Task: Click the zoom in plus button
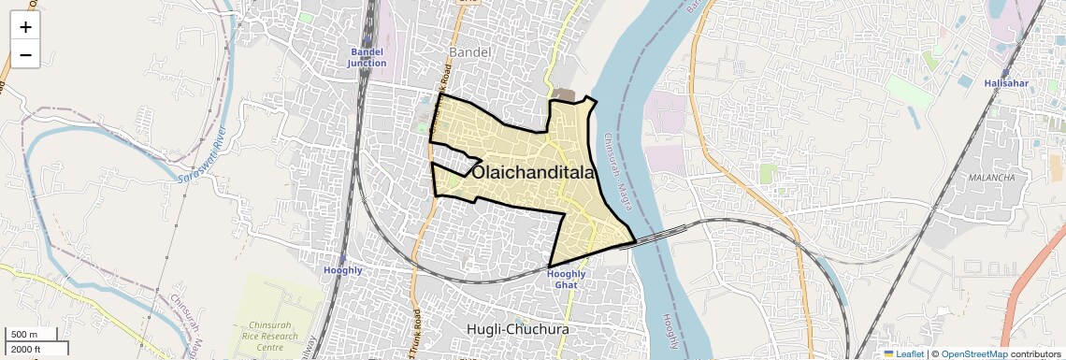click(x=25, y=27)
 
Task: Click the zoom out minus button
click(x=25, y=55)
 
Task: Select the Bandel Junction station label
click(x=367, y=57)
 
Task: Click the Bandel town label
click(x=469, y=51)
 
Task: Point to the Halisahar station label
click(x=1005, y=83)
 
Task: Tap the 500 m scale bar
click(x=33, y=335)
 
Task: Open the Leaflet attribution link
click(x=904, y=353)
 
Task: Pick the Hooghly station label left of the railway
click(x=342, y=270)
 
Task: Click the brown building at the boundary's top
click(x=564, y=94)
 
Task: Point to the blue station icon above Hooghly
click(x=342, y=258)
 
